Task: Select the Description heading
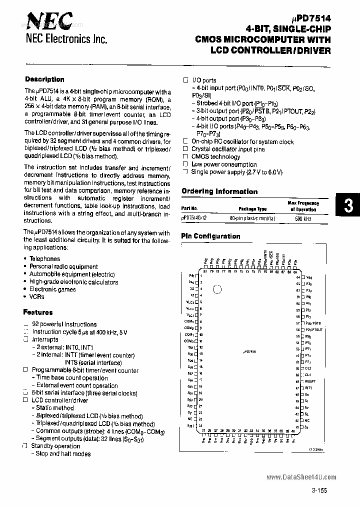pos(44,79)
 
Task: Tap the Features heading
pos(37,312)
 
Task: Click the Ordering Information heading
pos(219,191)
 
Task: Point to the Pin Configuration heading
pos(210,236)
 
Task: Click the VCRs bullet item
pos(36,296)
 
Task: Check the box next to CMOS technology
pos(185,156)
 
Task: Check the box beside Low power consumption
pos(185,164)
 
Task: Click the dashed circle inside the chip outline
pos(216,289)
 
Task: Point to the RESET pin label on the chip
pos(309,380)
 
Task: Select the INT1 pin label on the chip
pos(308,387)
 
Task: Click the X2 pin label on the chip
pos(192,289)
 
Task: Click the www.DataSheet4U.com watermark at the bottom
pos(305,477)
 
